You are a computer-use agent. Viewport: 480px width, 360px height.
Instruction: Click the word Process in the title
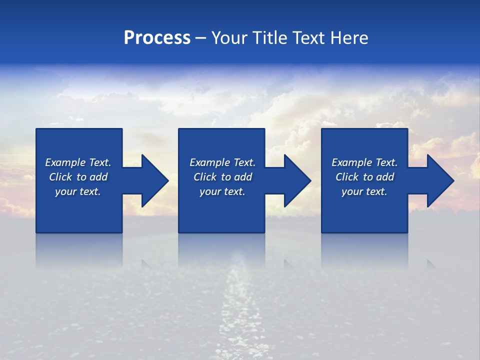[x=157, y=38]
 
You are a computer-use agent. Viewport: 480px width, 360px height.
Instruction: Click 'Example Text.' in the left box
[x=78, y=162]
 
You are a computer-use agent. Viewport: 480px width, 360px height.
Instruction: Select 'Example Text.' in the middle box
[x=222, y=162]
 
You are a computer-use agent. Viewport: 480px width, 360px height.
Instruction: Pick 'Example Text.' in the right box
[x=364, y=162]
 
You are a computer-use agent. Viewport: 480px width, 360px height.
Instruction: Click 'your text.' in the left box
[x=78, y=191]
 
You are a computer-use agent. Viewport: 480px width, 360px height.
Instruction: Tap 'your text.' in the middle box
[x=222, y=191]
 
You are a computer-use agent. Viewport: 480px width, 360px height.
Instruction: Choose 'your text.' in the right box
[x=364, y=191]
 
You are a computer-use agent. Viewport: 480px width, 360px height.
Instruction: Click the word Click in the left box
[x=60, y=177]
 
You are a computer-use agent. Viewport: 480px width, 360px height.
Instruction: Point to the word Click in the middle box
[x=205, y=177]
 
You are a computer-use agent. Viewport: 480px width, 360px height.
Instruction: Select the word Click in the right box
[x=347, y=177]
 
